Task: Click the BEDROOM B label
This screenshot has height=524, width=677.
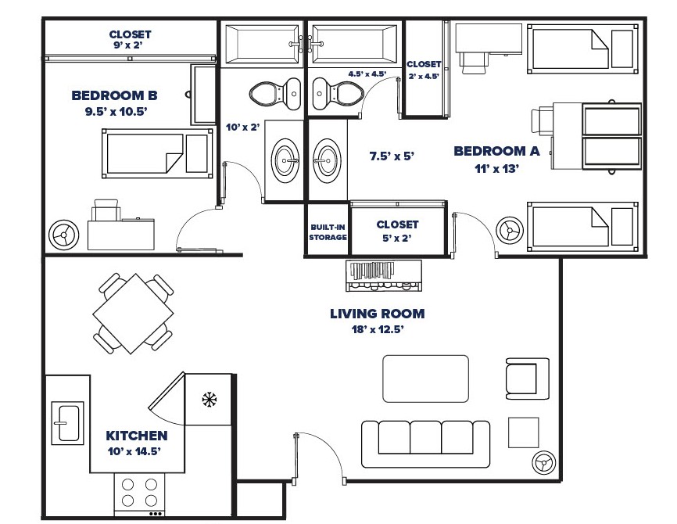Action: [114, 95]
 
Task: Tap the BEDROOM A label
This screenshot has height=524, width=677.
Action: [496, 151]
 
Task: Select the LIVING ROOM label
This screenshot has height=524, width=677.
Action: [377, 314]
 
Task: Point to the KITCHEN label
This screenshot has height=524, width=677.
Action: [137, 436]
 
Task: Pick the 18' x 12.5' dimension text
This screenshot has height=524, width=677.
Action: [377, 329]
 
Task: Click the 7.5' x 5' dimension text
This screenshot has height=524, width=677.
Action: [391, 156]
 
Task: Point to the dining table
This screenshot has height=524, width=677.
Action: [134, 312]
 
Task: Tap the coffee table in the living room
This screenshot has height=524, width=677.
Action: [425, 379]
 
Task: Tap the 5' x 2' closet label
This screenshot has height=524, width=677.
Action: [397, 231]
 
